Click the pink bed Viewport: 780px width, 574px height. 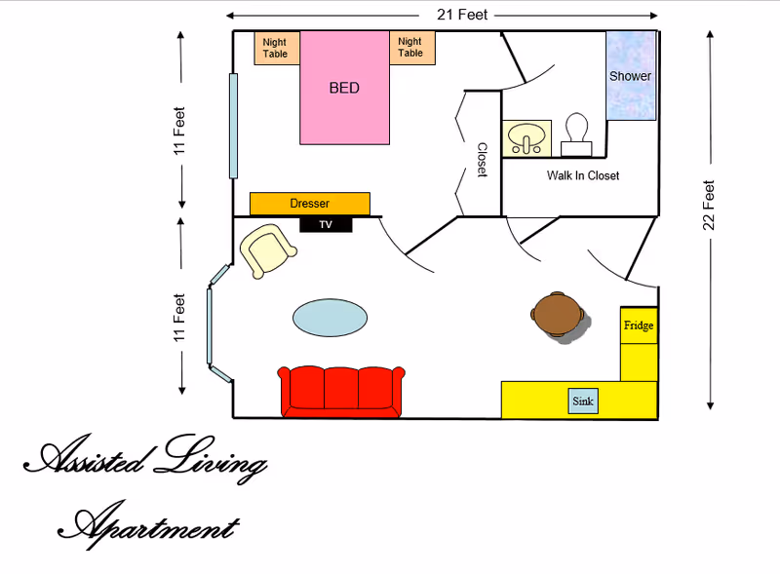(344, 88)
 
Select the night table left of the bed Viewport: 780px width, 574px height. (276, 48)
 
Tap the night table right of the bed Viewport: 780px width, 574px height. (410, 48)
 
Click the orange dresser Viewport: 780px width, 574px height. (310, 204)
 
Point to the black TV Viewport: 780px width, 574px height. (326, 224)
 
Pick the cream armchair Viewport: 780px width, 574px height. (266, 250)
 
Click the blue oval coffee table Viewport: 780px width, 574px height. (331, 317)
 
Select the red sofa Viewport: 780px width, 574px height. (340, 391)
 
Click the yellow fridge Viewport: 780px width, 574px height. (639, 325)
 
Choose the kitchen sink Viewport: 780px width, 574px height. (583, 401)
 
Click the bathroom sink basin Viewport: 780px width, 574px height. (528, 138)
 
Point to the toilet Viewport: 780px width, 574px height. (576, 134)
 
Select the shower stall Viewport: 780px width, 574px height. (630, 76)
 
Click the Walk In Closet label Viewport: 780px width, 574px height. (583, 175)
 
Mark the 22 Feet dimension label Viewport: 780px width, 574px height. (710, 205)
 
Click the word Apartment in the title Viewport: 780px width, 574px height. (148, 526)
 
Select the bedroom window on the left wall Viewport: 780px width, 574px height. (233, 126)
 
